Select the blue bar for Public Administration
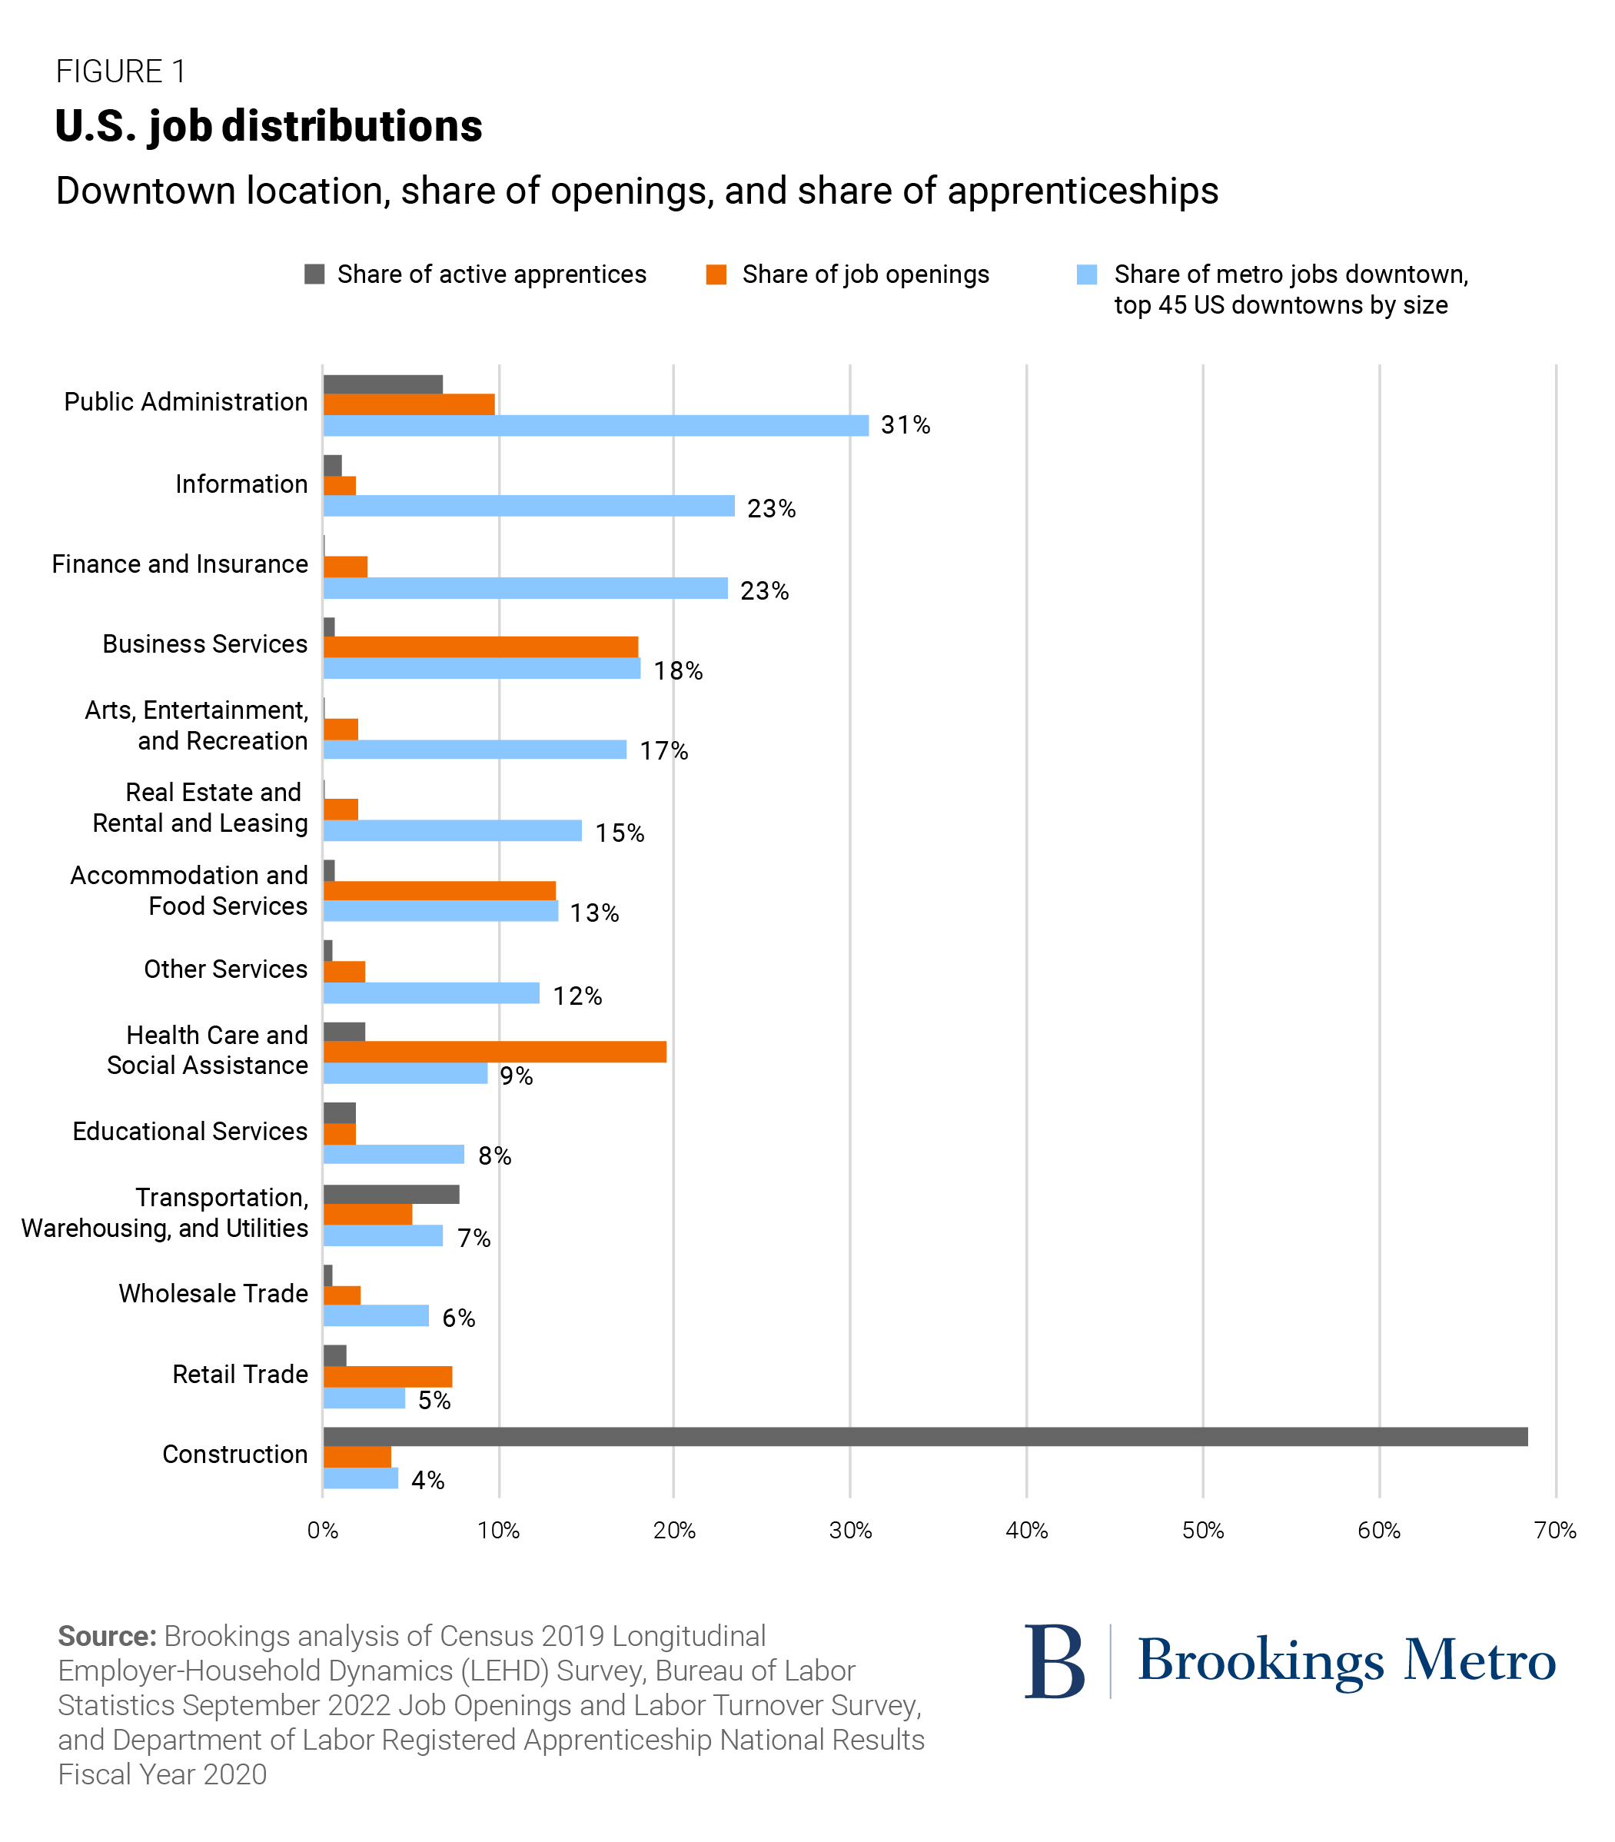(x=596, y=425)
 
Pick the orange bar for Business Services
(x=480, y=647)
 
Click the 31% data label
(x=905, y=425)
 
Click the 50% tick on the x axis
(x=1202, y=1530)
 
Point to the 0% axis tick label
(x=323, y=1530)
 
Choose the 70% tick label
(x=1554, y=1530)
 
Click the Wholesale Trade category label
(x=214, y=1294)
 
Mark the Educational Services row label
(x=190, y=1132)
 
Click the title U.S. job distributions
(x=268, y=125)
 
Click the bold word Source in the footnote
(x=108, y=1636)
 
